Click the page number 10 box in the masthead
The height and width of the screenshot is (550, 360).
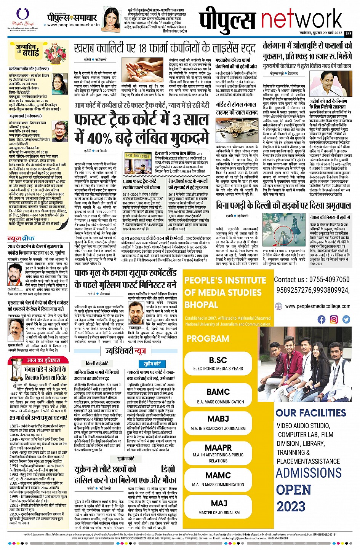click(348, 33)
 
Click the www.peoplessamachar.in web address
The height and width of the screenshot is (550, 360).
click(74, 25)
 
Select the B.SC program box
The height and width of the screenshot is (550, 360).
click(218, 363)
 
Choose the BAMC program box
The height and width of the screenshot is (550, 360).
click(218, 395)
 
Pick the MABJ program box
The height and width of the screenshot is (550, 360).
click(218, 422)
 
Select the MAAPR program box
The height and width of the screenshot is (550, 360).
click(218, 451)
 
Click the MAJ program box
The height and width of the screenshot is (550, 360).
click(218, 507)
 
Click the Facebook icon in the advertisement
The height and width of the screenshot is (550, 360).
click(322, 319)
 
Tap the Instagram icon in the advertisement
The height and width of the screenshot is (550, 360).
click(334, 319)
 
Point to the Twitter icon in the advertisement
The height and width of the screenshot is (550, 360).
click(346, 319)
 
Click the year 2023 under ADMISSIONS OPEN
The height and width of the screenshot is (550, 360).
click(291, 507)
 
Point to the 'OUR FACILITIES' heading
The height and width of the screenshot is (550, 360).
click(310, 413)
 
